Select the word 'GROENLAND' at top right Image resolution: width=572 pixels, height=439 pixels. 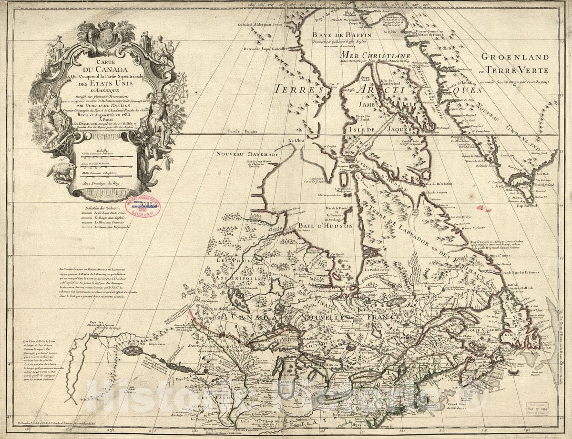[x=514, y=57]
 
